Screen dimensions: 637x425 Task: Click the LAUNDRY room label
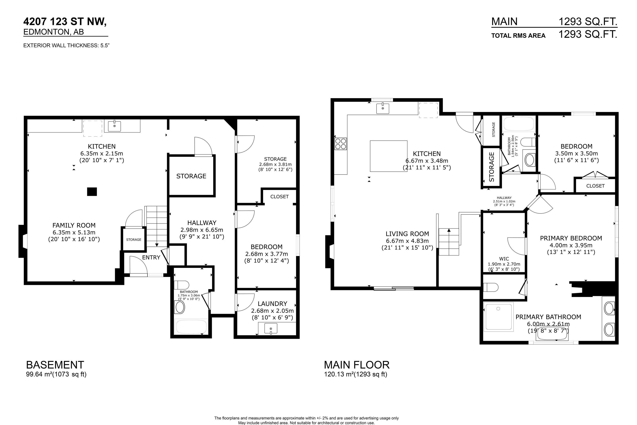(272, 304)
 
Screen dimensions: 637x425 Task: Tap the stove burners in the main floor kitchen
(341, 144)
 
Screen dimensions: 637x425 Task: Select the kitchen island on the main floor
(389, 156)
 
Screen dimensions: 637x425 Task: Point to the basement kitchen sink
(115, 126)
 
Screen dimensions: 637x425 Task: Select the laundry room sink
(271, 328)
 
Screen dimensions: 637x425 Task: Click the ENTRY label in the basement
(151, 257)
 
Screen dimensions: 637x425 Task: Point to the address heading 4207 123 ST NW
(65, 21)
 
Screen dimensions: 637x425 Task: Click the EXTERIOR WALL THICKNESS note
(66, 46)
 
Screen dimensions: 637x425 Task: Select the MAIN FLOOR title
(357, 365)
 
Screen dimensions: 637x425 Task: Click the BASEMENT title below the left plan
(55, 365)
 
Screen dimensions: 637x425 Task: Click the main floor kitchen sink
(383, 108)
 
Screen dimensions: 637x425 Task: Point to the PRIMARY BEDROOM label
(571, 238)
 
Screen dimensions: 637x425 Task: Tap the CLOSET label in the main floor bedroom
(595, 186)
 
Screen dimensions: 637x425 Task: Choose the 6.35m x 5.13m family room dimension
(74, 232)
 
